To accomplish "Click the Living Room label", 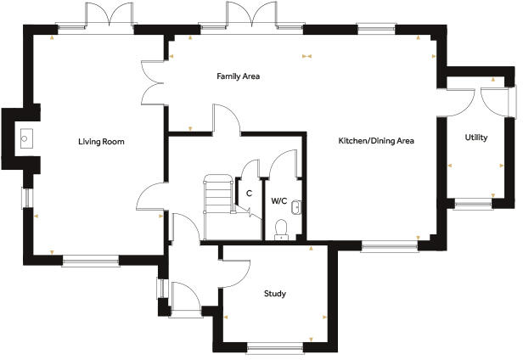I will tap(101, 142).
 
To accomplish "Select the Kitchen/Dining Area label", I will tap(376, 141).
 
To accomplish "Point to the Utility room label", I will tap(475, 138).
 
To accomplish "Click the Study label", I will tap(274, 294).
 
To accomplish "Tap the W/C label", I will tap(278, 201).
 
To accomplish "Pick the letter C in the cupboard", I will tap(249, 193).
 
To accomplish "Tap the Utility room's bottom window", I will tap(474, 204).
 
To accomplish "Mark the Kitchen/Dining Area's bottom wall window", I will tap(389, 247).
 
